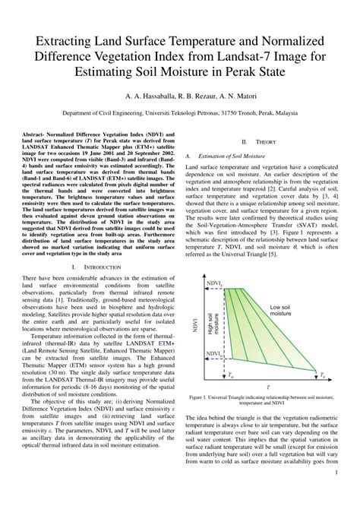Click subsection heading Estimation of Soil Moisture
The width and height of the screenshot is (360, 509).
233,155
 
